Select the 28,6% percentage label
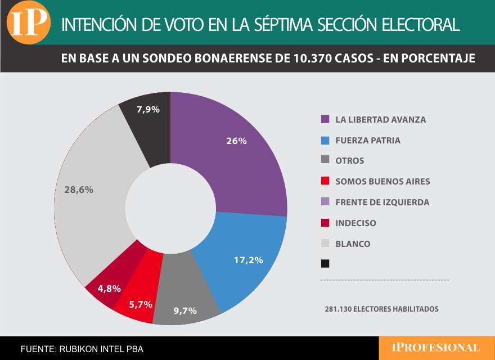pyautogui.click(x=79, y=190)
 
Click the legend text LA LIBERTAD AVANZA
pyautogui.click(x=380, y=120)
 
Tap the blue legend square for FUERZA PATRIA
pyautogui.click(x=325, y=141)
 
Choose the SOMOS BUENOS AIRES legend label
pyautogui.click(x=382, y=182)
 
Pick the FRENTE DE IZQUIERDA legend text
pyautogui.click(x=382, y=202)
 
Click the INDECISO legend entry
pyautogui.click(x=355, y=223)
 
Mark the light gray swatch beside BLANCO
pyautogui.click(x=325, y=244)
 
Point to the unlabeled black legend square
pyautogui.click(x=325, y=263)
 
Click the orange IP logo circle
pyautogui.click(x=28, y=22)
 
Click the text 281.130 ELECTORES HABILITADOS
pyautogui.click(x=381, y=309)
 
